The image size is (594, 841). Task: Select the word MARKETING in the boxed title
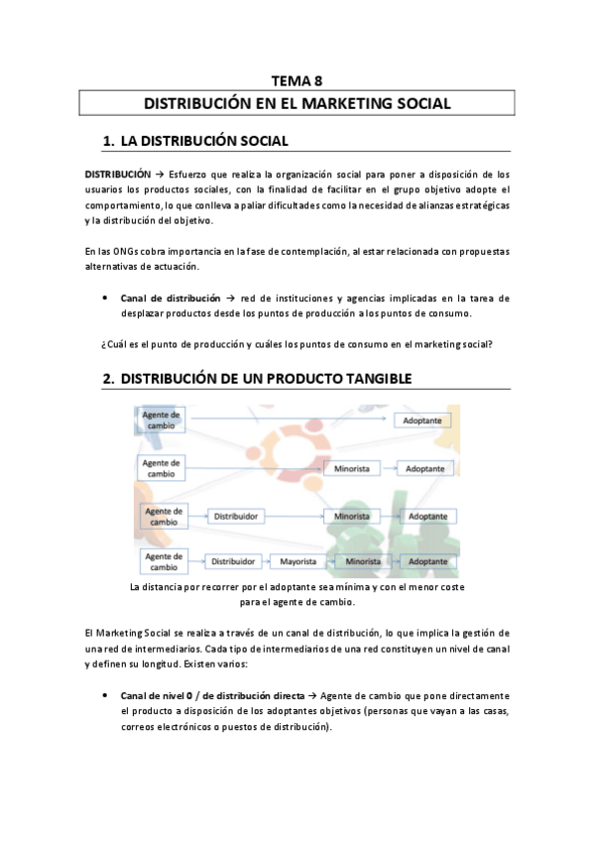click(351, 103)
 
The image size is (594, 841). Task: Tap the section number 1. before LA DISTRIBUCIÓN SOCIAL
click(110, 142)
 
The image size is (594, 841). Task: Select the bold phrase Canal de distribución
click(170, 298)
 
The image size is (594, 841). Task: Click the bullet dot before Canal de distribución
click(105, 298)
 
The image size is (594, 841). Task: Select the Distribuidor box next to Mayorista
click(235, 561)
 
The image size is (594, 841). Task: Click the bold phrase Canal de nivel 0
click(161, 695)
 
